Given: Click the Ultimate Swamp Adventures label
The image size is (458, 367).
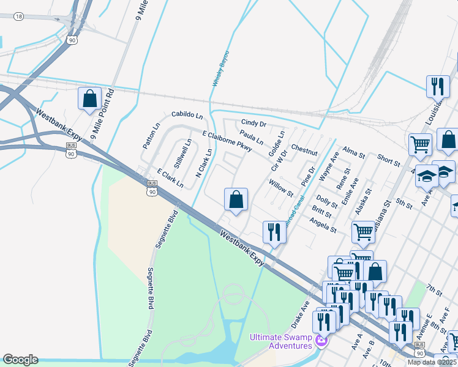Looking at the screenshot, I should click(282, 341).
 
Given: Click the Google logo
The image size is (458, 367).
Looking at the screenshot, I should click(20, 360).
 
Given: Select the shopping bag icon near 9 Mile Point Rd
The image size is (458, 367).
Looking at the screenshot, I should click(89, 98).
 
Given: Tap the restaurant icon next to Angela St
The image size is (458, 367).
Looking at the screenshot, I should click(273, 232).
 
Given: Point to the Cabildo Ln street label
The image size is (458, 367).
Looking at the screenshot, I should click(187, 114).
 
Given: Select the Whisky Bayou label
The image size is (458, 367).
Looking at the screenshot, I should click(220, 69).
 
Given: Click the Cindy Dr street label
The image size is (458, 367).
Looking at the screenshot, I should click(253, 124).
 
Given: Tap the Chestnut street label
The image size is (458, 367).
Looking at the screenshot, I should click(304, 150).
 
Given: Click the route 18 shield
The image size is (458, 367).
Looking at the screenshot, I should click(20, 16).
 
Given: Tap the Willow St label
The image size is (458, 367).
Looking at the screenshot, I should click(280, 186).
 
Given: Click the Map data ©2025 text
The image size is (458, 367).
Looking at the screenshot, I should click(432, 362).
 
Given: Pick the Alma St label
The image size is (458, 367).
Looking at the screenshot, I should click(354, 152).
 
